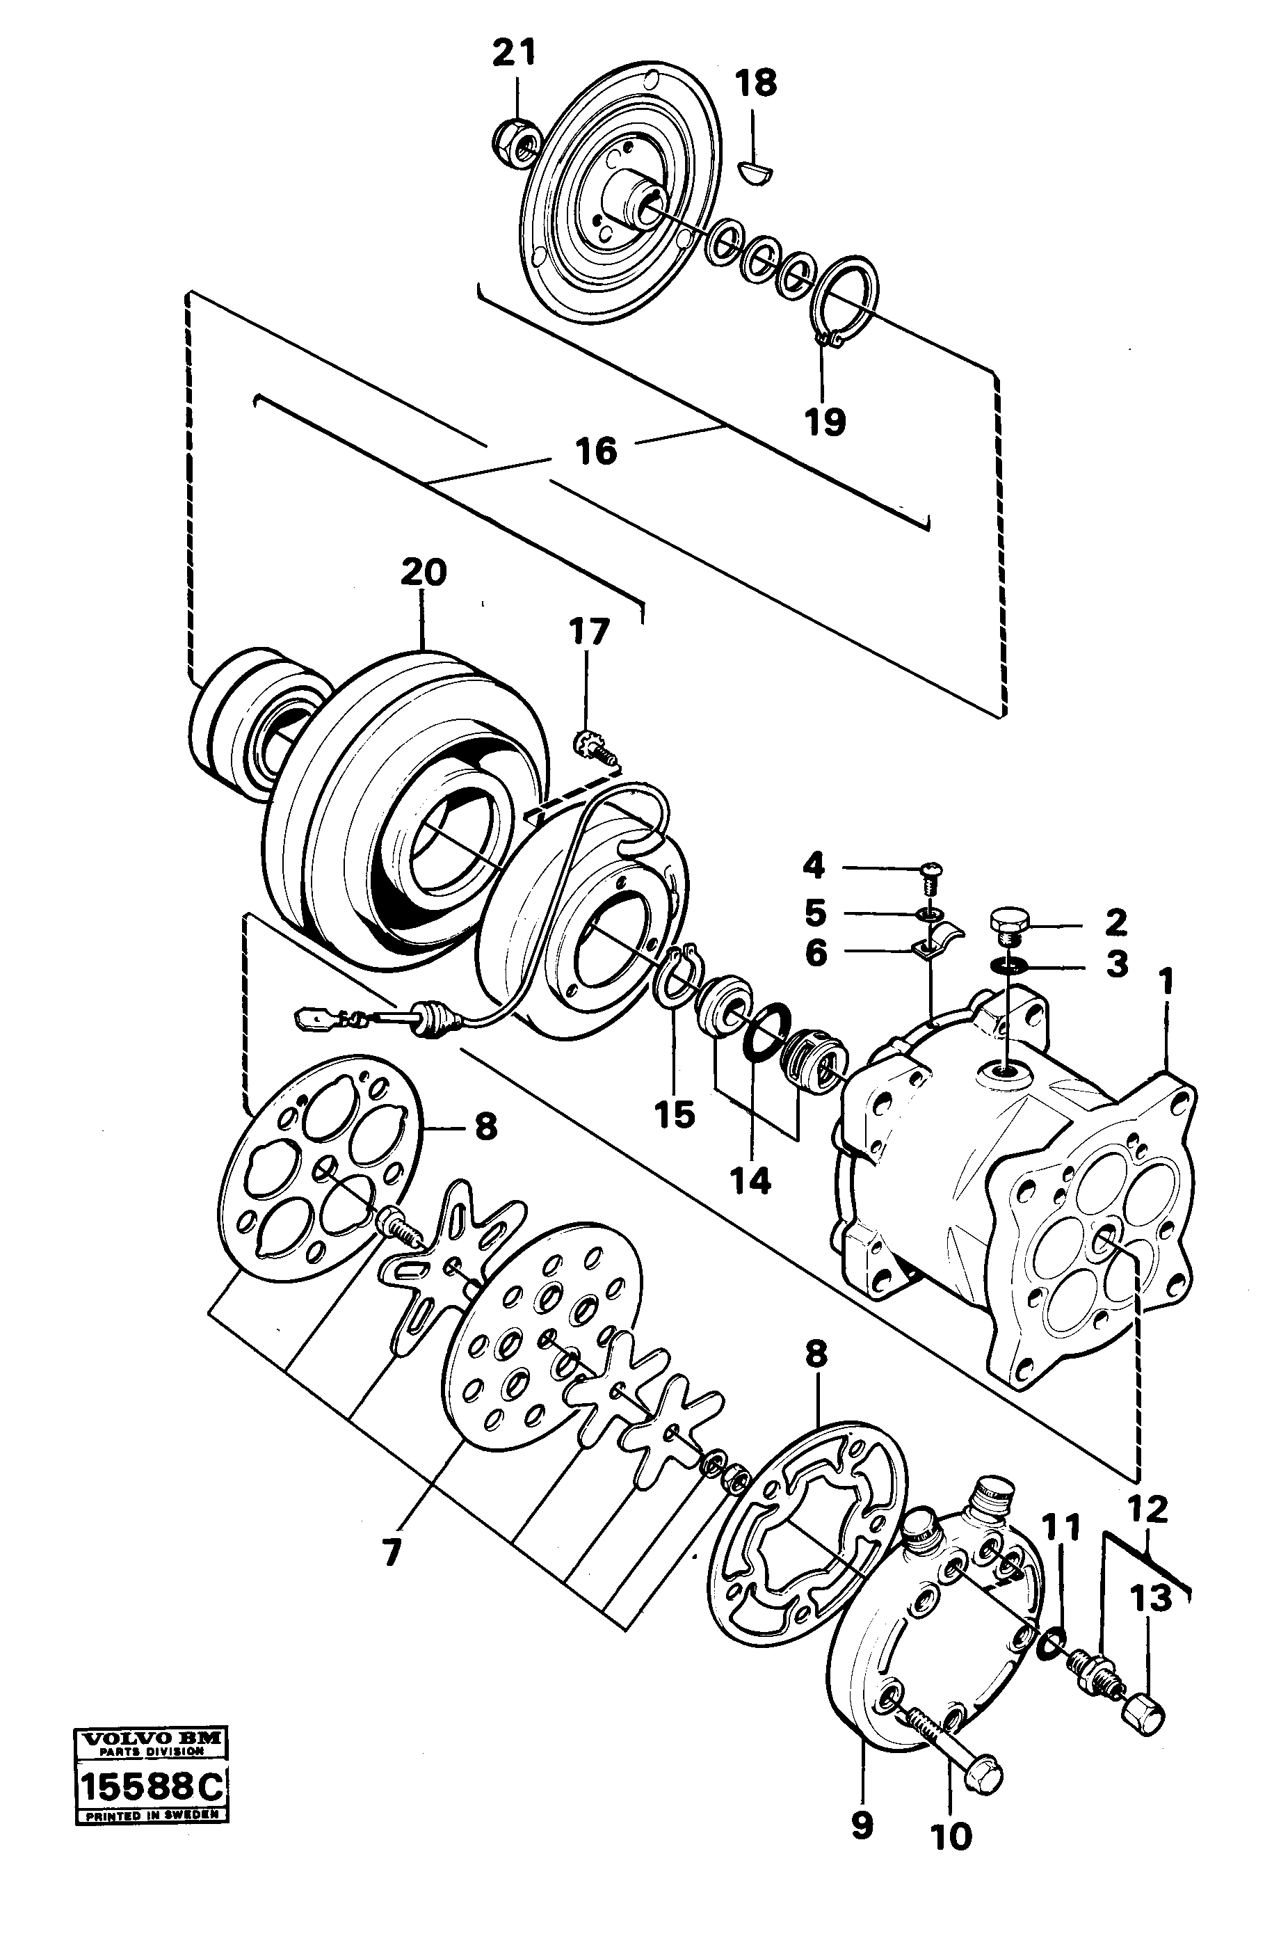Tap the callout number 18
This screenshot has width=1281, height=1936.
(x=756, y=84)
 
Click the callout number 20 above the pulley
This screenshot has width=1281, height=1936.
(x=424, y=571)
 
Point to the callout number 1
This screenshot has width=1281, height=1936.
(x=1167, y=981)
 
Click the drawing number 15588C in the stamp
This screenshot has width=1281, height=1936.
(x=150, y=1874)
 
